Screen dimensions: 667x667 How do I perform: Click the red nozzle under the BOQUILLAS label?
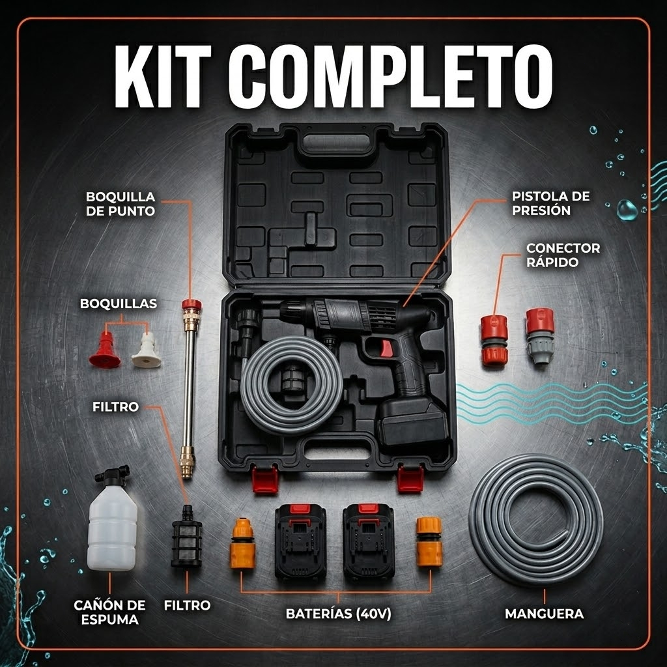pyautogui.click(x=105, y=350)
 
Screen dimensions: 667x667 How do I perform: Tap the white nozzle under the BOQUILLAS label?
pyautogui.click(x=147, y=350)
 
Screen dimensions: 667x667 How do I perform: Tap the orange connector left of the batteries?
pyautogui.click(x=242, y=543)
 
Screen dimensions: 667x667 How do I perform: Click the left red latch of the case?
pyautogui.click(x=265, y=479)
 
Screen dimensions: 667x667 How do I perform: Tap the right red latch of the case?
pyautogui.click(x=410, y=479)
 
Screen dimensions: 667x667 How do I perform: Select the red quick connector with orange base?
pyautogui.click(x=494, y=340)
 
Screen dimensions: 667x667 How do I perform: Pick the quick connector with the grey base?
pyautogui.click(x=540, y=335)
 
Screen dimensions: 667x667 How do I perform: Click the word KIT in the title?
pyautogui.click(x=163, y=77)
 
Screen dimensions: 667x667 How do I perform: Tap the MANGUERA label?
pyautogui.click(x=544, y=614)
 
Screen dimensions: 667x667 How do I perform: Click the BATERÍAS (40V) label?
pyautogui.click(x=338, y=614)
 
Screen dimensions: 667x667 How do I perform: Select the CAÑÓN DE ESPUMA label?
pyautogui.click(x=109, y=612)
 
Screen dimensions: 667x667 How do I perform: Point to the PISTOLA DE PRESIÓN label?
pyautogui.click(x=551, y=203)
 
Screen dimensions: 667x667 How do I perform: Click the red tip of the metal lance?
pyautogui.click(x=192, y=305)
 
